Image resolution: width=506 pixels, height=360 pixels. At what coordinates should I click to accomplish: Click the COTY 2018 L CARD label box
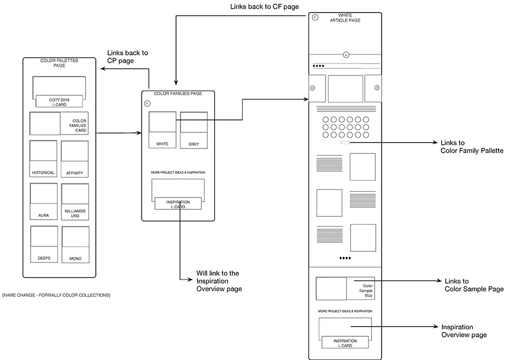59,101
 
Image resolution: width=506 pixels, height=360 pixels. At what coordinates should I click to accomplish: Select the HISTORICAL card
43,159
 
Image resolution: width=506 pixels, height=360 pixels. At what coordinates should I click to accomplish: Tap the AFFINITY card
74,159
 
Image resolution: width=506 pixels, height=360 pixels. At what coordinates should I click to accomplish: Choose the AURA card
44,201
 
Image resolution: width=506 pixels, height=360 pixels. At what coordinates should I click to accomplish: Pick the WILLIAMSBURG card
75,201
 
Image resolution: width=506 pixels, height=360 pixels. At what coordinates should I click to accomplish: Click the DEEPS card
44,244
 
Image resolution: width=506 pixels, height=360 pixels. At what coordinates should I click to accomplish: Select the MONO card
75,244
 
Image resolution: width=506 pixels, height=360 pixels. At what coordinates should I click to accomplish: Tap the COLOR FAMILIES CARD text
79,126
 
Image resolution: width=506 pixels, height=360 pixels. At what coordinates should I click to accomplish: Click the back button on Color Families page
147,103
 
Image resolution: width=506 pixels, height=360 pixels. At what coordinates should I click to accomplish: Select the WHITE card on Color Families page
162,130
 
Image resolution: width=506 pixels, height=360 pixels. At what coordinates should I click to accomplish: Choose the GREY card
194,130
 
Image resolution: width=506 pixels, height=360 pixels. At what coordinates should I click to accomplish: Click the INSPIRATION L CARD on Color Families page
178,204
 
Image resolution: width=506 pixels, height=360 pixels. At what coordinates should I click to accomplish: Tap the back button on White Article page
315,18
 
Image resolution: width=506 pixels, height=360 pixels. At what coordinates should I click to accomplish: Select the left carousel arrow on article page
313,88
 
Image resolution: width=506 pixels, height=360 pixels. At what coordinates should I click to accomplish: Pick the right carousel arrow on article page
377,88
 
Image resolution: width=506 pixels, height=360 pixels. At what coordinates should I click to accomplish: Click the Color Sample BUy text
367,291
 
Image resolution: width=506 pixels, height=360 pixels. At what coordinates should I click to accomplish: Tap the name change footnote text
57,295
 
